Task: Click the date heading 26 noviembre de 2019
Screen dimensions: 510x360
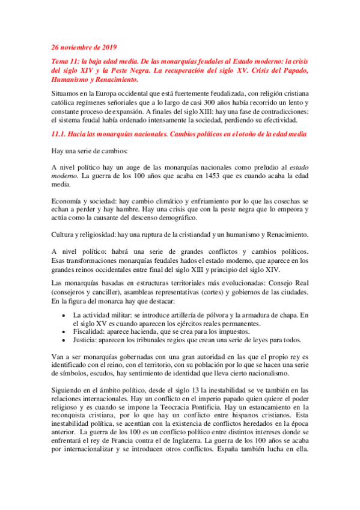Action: (x=84, y=47)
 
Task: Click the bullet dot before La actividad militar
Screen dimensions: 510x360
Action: (x=64, y=315)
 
